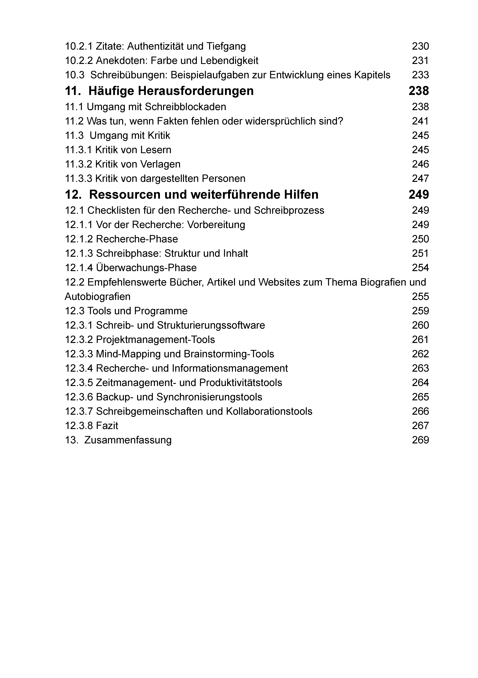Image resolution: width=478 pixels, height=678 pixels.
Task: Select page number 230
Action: [x=420, y=46]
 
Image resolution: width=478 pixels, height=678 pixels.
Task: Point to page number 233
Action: [x=420, y=75]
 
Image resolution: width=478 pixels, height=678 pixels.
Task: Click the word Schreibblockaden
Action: [x=185, y=107]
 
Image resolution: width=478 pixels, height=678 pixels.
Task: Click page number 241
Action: [x=420, y=121]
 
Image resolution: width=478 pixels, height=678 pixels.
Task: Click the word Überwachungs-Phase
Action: [x=146, y=268]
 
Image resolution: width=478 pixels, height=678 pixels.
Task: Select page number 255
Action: [x=420, y=297]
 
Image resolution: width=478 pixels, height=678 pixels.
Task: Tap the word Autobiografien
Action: [x=97, y=297]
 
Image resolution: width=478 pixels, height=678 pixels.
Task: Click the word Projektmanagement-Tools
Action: [x=155, y=340]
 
